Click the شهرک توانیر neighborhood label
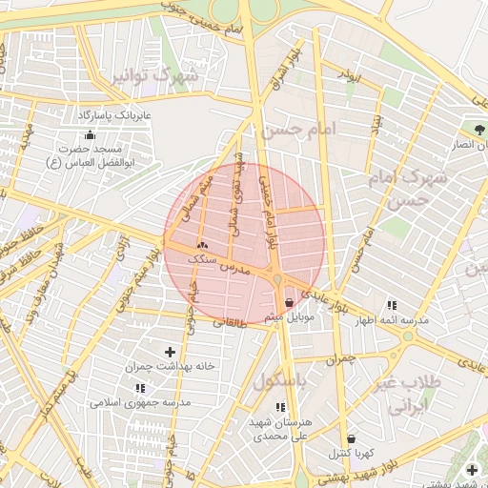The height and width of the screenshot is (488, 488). [x=155, y=74]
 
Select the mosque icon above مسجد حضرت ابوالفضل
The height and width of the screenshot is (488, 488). [x=90, y=135]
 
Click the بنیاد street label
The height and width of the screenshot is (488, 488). [x=376, y=123]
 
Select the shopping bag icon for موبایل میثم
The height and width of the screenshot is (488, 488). [x=289, y=303]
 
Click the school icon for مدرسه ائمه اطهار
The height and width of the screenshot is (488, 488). [x=391, y=305]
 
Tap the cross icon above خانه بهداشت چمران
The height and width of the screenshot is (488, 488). [x=171, y=352]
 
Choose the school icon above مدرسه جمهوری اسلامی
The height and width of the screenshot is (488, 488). [x=142, y=388]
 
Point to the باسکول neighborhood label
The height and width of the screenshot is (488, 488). [x=282, y=380]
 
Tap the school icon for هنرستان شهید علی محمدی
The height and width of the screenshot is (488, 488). [x=279, y=407]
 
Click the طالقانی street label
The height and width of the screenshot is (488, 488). [x=230, y=323]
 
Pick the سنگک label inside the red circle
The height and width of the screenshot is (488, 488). [x=202, y=258]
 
